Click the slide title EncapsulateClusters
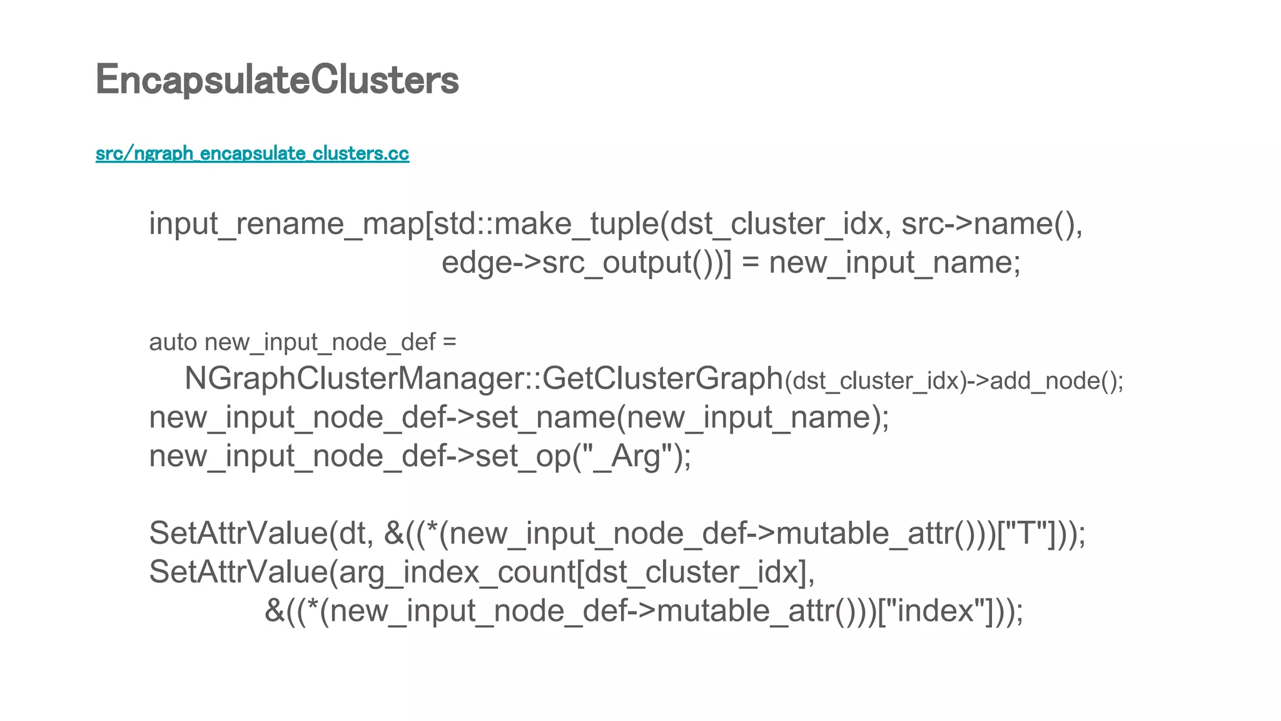click(277, 80)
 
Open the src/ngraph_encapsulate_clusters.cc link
click(252, 153)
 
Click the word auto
click(173, 342)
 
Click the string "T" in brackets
click(1028, 534)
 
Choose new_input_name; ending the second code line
click(894, 262)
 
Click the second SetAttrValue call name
click(238, 572)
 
